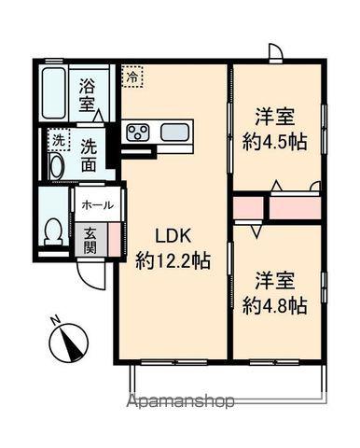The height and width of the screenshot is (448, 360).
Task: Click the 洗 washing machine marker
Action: pyautogui.click(x=58, y=141)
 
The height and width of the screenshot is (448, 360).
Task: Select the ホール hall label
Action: pyautogui.click(x=97, y=205)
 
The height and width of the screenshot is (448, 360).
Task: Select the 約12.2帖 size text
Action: pyautogui.click(x=172, y=261)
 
